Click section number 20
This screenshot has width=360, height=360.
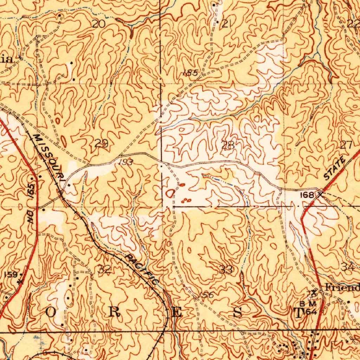[x=99, y=24]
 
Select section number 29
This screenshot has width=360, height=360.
[x=101, y=143]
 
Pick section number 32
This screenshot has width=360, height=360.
[x=104, y=270]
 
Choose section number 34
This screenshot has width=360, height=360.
[x=348, y=267]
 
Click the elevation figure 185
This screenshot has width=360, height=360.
[x=191, y=73]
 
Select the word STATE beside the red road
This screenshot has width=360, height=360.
[x=334, y=169]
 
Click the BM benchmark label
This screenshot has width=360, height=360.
[x=308, y=303]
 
